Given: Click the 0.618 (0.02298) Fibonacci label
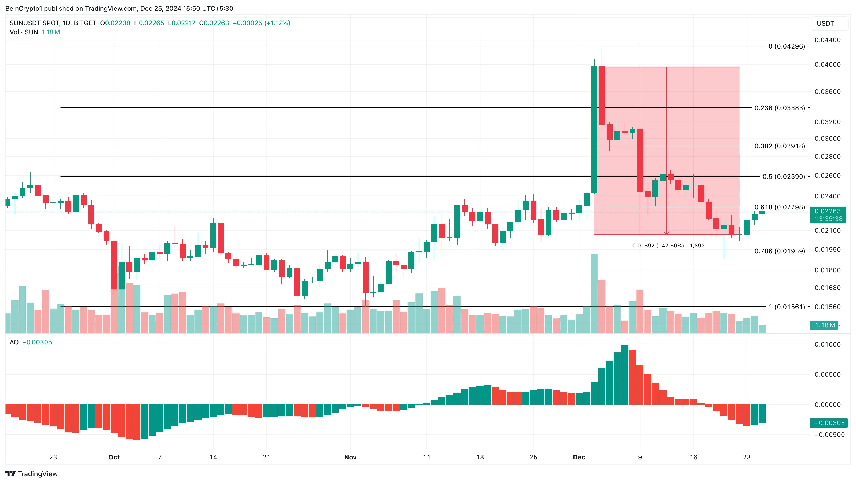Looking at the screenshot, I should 780,207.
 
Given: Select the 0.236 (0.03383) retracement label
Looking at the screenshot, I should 780,108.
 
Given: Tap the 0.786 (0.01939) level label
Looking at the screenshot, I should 780,251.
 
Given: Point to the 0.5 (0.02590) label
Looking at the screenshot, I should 784,176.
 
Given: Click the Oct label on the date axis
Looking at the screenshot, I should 114,457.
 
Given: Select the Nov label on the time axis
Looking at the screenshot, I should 350,457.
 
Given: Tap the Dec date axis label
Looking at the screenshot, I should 579,457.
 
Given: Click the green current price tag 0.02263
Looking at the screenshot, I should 828,211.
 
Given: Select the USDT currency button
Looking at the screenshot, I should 825,24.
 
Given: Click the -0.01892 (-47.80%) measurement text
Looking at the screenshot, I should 667,246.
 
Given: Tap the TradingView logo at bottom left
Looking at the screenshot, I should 32,474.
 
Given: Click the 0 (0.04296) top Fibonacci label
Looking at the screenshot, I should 787,46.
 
